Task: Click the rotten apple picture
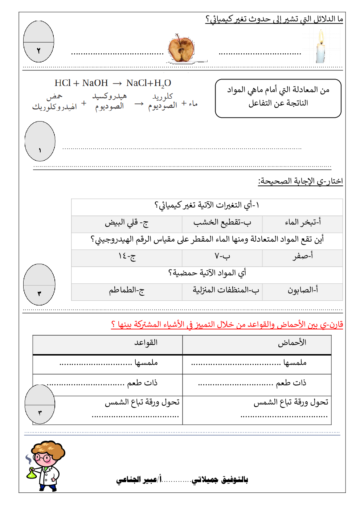181,49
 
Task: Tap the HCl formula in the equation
62,83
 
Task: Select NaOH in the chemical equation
95,83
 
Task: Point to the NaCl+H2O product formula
148,83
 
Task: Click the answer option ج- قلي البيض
127,223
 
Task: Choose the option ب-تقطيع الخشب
222,222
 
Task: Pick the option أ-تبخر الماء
303,222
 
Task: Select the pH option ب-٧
222,256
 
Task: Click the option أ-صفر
303,256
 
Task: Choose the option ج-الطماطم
127,291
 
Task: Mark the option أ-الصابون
303,290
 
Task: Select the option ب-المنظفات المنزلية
226,290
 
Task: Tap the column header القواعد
146,343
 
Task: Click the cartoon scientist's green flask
32,473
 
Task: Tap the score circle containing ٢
38,41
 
